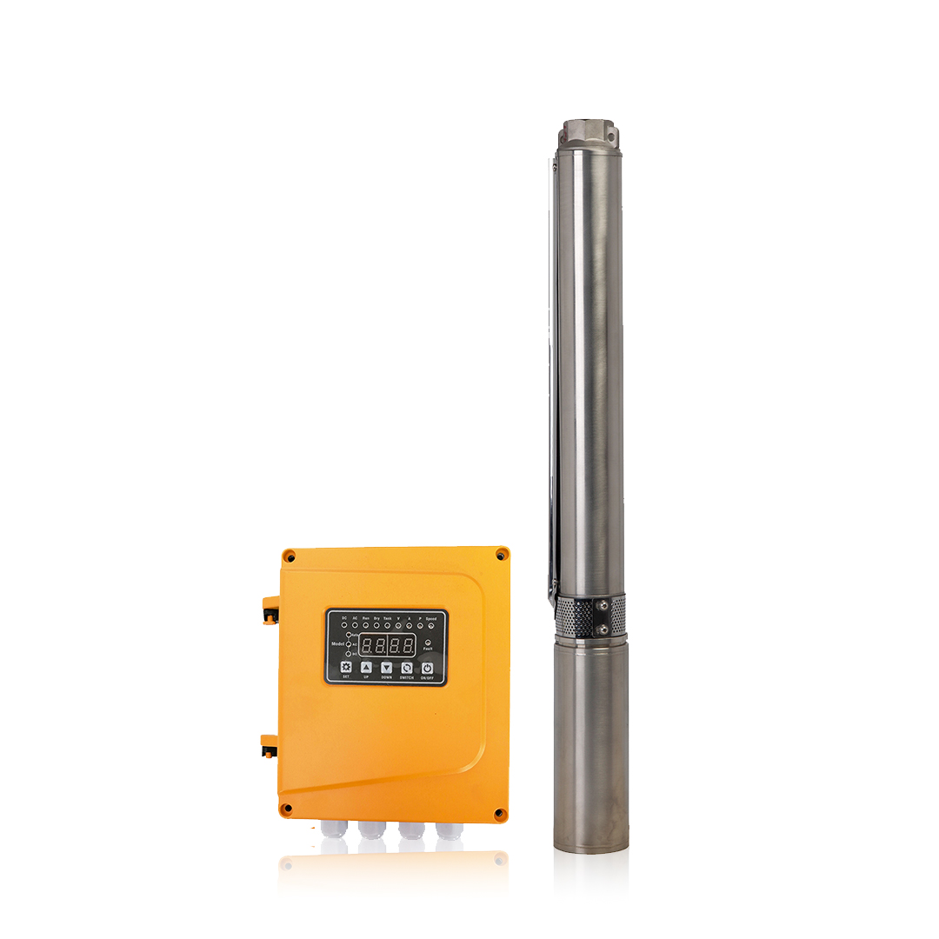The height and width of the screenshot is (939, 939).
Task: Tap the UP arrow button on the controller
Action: pos(366,666)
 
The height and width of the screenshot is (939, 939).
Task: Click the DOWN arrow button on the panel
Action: pos(386,666)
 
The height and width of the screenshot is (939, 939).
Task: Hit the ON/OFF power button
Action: pos(427,666)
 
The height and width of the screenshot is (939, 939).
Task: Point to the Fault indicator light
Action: pos(428,642)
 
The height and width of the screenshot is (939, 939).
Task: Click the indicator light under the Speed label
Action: pos(430,625)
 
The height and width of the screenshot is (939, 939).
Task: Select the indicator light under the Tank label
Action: pos(387,625)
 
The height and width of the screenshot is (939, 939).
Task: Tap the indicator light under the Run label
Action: pos(366,625)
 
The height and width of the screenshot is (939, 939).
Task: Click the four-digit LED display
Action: pos(387,646)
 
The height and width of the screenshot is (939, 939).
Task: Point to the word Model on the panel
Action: pos(337,644)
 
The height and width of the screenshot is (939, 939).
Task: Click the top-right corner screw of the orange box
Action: pos(500,554)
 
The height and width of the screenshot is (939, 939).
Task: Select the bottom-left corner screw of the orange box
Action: pos(285,808)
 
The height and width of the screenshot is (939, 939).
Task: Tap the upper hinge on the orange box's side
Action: pos(270,609)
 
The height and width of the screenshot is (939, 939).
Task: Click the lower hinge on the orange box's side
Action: pos(270,746)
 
